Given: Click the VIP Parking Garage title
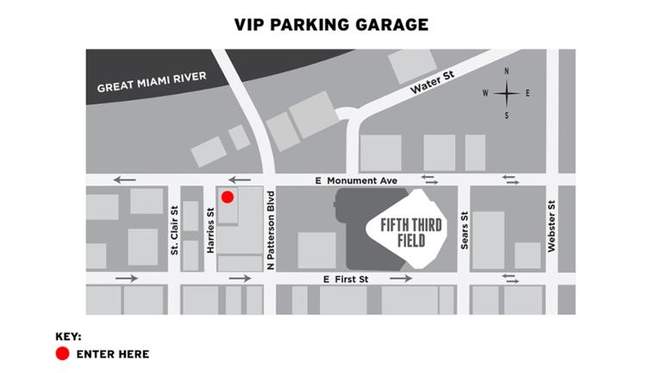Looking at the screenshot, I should point(331,24).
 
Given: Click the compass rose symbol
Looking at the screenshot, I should point(506,92).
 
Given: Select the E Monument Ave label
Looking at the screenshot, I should point(356,181).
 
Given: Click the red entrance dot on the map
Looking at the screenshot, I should point(228,197).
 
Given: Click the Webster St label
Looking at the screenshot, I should point(552,227).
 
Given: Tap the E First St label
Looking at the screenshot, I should point(346,280).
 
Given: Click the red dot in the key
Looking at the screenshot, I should point(62,354).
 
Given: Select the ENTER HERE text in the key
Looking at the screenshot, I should point(113,354).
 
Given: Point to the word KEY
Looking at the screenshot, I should point(68,335).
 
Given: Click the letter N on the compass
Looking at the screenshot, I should point(506,72).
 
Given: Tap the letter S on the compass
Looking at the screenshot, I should point(506,115).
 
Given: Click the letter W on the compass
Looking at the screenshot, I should point(485,93).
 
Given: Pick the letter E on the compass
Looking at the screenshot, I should point(527,93).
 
